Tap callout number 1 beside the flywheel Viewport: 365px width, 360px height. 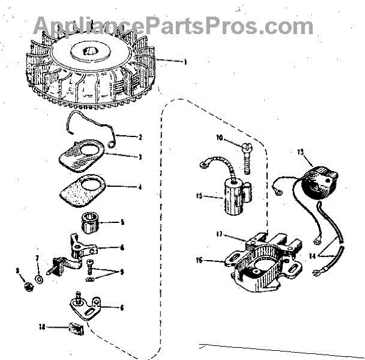click(x=185, y=62)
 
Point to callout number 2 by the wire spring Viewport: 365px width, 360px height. click(x=140, y=137)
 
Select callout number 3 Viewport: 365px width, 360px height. click(x=141, y=157)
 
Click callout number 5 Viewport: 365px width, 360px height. click(x=122, y=222)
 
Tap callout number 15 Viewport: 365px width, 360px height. click(x=198, y=196)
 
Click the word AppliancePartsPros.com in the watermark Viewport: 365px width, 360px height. click(x=173, y=26)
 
